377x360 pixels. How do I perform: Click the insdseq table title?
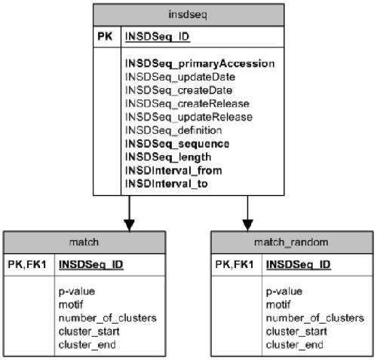[x=188, y=14]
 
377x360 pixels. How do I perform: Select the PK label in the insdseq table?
[x=105, y=36]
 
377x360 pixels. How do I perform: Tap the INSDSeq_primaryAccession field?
[x=200, y=64]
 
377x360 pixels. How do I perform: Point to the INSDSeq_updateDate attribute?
[x=180, y=77]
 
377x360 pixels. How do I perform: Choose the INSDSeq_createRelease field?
[x=187, y=104]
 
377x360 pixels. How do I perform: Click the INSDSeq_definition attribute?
[x=173, y=130]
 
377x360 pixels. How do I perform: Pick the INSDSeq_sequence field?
[x=177, y=144]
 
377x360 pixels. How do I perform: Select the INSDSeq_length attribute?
[x=168, y=157]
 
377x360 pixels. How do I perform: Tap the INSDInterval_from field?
[x=173, y=171]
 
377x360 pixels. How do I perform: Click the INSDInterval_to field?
[x=166, y=184]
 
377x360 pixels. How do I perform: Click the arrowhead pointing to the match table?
[x=129, y=225]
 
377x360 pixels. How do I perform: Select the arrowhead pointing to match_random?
[x=247, y=225]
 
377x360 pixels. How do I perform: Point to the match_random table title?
[x=291, y=243]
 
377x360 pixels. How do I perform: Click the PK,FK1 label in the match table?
[x=27, y=264]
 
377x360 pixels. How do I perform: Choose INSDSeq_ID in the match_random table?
[x=299, y=265]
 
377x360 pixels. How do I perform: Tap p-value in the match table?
[x=77, y=291]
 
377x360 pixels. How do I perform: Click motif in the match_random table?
[x=278, y=305]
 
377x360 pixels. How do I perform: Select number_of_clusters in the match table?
[x=108, y=319]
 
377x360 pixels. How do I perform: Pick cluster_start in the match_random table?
[x=296, y=331]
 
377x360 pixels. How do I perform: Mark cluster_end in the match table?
[x=87, y=345]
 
